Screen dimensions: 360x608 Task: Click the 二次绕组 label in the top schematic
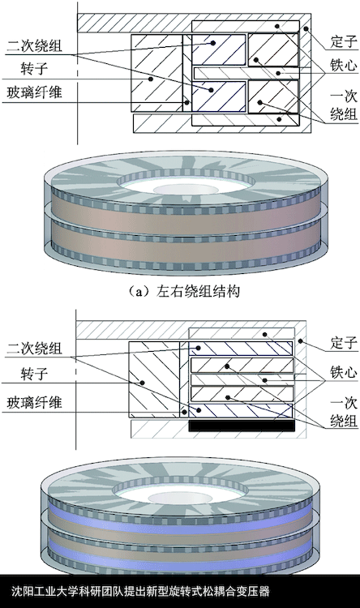point(34,46)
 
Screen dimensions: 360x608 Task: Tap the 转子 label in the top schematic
point(34,69)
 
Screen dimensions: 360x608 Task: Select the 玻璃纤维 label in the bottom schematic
point(34,402)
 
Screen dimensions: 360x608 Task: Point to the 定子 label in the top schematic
point(343,41)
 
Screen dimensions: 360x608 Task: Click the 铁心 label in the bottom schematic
point(343,371)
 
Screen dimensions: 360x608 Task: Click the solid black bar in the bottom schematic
point(242,426)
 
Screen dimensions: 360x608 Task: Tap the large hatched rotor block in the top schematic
point(156,73)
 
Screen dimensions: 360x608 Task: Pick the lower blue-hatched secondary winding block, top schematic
point(219,96)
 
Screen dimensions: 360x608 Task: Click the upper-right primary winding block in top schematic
point(273,49)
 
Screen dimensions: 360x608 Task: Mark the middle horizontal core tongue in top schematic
point(246,72)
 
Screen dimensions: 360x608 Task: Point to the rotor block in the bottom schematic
point(153,379)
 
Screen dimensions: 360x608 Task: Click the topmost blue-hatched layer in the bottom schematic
point(241,349)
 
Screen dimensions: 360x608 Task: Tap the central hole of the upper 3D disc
point(186,189)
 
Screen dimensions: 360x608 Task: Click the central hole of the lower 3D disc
point(181,498)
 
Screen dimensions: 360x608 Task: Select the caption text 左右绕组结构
point(198,291)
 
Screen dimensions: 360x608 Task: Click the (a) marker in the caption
point(139,291)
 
